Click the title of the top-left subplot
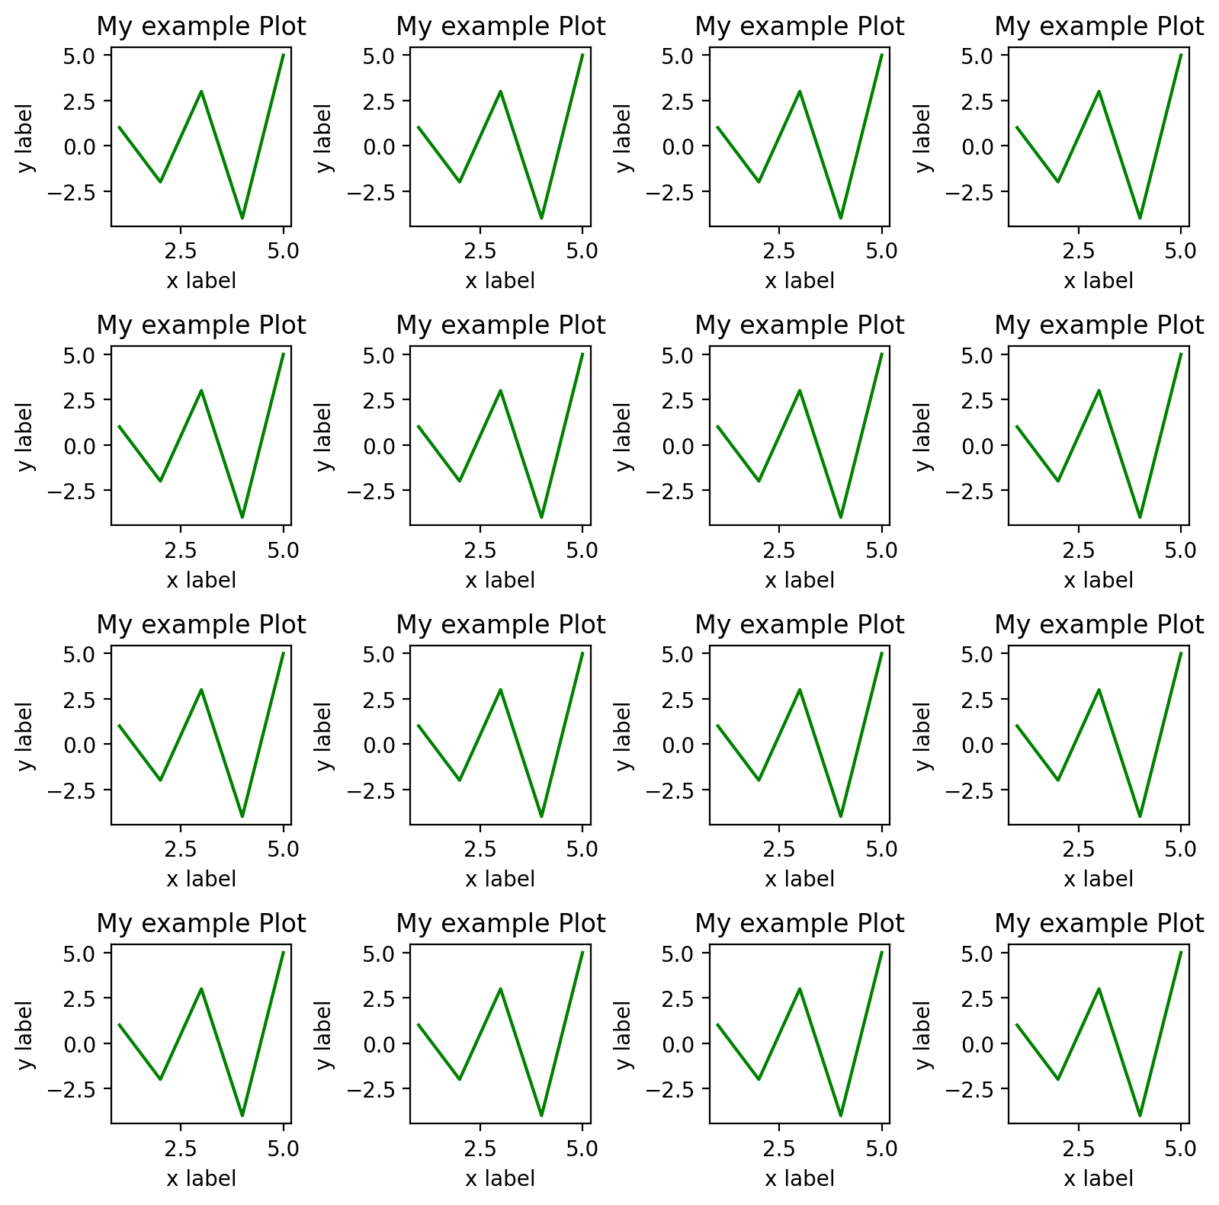pos(200,27)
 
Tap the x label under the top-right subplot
pos(1098,280)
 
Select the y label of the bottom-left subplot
pos(26,1035)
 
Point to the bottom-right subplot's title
pos(1099,924)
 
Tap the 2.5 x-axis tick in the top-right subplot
pos(1078,251)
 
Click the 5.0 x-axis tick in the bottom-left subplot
pos(283,1149)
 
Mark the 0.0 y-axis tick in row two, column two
pos(385,446)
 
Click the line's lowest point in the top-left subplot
pos(242,218)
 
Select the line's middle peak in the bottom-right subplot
pos(1099,989)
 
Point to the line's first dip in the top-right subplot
pos(1058,181)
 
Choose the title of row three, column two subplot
pos(500,625)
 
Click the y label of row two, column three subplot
pos(624,437)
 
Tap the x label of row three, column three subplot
pos(799,879)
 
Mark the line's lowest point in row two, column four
pos(1140,518)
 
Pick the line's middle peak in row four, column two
pos(500,989)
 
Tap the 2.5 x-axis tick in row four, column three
pos(779,1149)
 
